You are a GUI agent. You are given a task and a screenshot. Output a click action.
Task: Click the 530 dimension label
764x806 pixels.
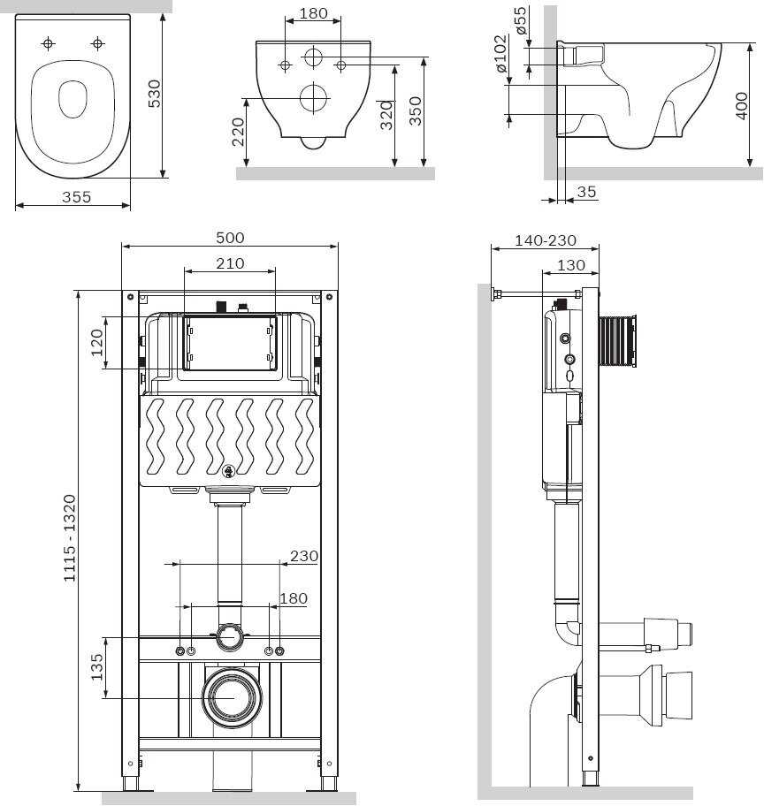(154, 93)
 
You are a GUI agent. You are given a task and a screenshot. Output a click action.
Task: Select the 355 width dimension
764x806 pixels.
(76, 197)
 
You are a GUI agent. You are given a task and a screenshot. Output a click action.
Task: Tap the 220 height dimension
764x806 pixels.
(237, 132)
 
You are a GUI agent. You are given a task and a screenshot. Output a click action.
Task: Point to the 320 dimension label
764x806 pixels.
(386, 114)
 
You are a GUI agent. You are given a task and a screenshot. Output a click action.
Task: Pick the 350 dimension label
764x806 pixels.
(416, 111)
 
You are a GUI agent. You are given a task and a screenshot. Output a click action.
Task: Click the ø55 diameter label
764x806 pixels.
(521, 20)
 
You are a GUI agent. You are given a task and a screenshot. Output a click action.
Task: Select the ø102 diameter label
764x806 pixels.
(500, 55)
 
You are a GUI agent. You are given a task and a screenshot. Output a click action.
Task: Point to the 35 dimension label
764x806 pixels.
(586, 191)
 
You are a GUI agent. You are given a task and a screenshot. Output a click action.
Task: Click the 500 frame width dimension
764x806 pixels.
(230, 238)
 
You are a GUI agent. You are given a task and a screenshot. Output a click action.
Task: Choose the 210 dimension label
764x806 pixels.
(230, 263)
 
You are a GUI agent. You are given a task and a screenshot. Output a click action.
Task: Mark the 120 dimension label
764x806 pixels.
(96, 342)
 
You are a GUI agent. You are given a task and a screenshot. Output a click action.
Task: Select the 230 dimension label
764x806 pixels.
(303, 556)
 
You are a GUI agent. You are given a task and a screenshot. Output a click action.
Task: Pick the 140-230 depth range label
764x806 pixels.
(545, 240)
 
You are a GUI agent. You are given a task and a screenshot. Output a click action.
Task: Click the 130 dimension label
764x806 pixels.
(571, 264)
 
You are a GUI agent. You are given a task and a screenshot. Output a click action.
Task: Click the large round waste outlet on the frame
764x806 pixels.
(233, 696)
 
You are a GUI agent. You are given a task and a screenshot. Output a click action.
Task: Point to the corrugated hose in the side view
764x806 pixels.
(617, 341)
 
